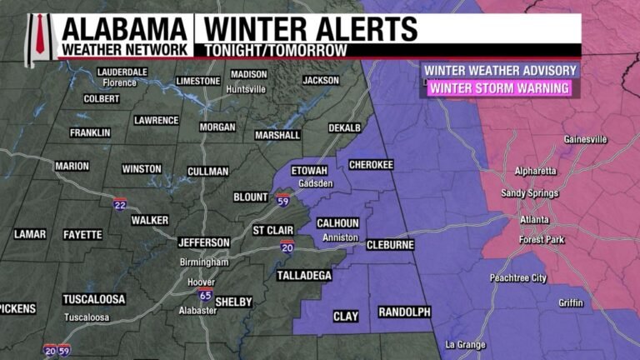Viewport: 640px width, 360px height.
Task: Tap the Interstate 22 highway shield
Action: pos(121,202)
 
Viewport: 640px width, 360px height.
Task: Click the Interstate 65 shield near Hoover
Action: pos(204,294)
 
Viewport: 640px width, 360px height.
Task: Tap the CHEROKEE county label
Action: pos(371,165)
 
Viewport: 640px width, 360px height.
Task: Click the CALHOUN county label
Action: pos(337,222)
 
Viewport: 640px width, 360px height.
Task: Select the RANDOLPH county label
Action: pos(404,312)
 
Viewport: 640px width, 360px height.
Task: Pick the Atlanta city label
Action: pos(535,220)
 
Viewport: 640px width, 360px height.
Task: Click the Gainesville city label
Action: pos(585,139)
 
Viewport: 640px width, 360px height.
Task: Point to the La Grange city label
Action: pos(463,344)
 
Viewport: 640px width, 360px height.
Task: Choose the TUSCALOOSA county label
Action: pos(93,299)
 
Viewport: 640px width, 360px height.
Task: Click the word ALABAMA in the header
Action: pos(123,30)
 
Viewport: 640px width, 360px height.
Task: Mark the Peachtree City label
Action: pos(517,277)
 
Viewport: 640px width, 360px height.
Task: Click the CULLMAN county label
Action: pos(207,172)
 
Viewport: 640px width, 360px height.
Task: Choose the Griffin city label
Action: pos(571,302)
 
